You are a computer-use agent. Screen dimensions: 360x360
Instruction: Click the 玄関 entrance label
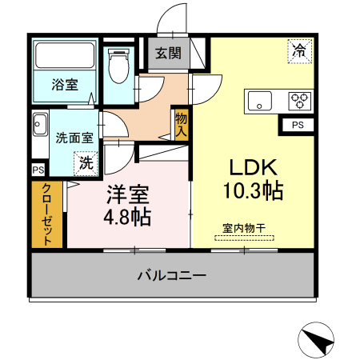(x=168, y=54)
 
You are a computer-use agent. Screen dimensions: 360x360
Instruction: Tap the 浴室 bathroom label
(x=66, y=83)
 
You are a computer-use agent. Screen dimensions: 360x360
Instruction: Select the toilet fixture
(x=118, y=67)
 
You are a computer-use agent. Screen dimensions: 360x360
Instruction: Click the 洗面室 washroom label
(x=74, y=137)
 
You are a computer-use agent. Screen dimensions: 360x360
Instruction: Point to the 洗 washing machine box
(x=85, y=162)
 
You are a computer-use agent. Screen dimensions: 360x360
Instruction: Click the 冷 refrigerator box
(x=299, y=51)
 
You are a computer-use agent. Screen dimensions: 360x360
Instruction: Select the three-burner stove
(x=301, y=101)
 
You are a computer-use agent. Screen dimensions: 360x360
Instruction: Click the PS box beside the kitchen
(x=297, y=126)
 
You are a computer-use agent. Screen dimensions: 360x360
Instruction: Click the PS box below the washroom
(x=38, y=170)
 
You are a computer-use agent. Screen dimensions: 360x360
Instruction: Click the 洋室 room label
(x=127, y=194)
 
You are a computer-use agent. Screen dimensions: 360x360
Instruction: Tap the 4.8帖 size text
(x=127, y=217)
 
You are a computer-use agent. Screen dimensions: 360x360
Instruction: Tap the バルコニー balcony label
(x=171, y=277)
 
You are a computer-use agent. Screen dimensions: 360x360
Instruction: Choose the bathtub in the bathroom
(x=66, y=57)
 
